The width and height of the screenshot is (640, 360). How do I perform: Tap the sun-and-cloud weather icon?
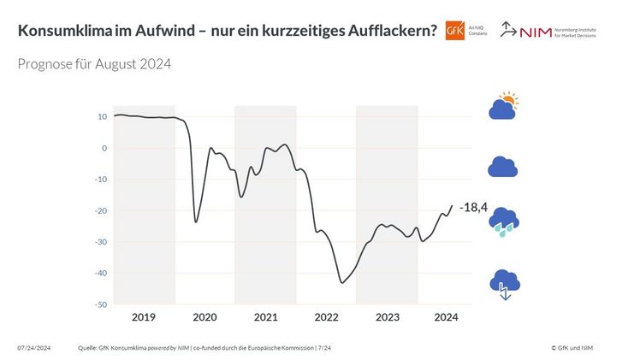(x=503, y=107)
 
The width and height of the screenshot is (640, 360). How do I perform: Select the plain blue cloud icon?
(x=503, y=167)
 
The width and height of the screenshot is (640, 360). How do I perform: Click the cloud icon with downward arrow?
(x=503, y=283)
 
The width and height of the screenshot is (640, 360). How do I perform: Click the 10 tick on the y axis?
(x=102, y=116)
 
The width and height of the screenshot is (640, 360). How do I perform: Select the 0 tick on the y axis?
(x=104, y=148)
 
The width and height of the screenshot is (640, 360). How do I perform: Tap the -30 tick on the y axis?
(x=100, y=242)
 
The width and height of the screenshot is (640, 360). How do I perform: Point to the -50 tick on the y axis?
(x=100, y=304)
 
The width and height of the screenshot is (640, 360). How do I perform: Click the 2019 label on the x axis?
(x=144, y=317)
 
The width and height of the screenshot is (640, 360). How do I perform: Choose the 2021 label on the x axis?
(x=265, y=317)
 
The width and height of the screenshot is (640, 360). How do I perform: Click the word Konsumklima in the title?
(x=64, y=31)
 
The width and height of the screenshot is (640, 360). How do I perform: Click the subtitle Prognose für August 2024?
(x=95, y=65)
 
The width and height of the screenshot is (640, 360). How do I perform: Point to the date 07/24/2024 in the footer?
(x=34, y=347)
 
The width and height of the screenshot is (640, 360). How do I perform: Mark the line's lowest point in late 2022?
(x=342, y=282)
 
